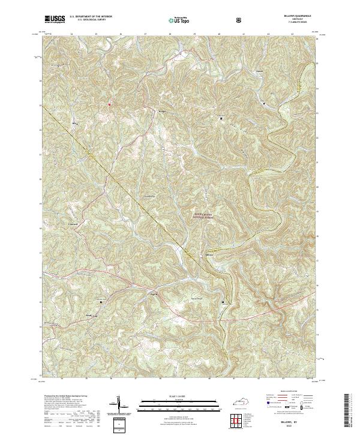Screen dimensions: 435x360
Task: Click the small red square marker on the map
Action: pyautogui.click(x=109, y=104)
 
